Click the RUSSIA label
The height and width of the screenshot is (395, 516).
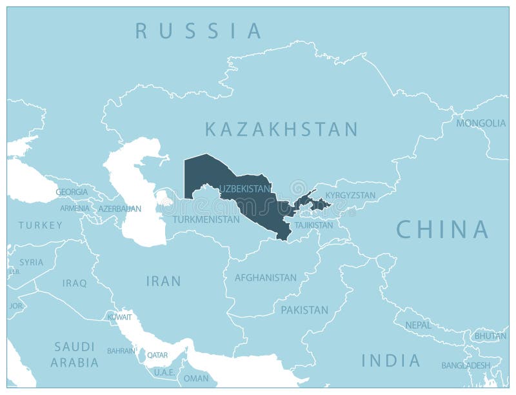199,30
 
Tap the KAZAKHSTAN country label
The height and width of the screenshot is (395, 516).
281,129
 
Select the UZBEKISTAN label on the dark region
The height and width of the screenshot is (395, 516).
244,188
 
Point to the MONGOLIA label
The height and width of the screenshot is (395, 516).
481,123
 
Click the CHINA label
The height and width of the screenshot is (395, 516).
442,229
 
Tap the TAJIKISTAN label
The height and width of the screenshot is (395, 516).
313,225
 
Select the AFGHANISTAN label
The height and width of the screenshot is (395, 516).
265,278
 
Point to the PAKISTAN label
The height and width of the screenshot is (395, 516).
304,310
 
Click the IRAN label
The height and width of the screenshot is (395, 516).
163,281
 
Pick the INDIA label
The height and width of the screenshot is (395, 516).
391,360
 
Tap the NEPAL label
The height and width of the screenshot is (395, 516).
418,325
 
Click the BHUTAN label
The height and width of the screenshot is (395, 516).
490,336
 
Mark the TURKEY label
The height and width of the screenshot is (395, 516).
40,225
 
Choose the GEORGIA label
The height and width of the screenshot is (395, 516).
72,192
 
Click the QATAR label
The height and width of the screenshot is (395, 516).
157,354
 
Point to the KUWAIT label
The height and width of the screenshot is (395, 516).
120,318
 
